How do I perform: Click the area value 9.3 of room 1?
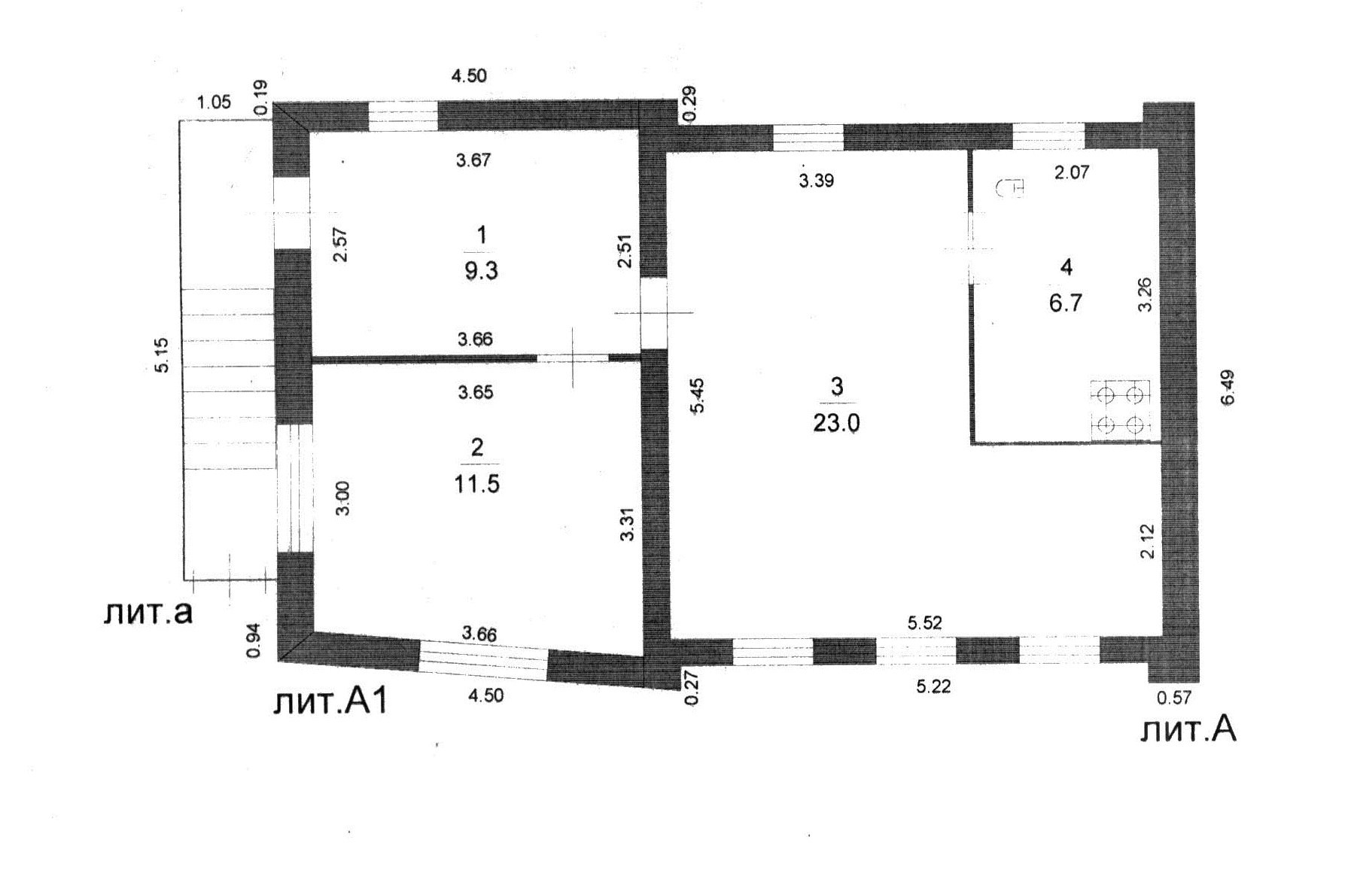pos(480,271)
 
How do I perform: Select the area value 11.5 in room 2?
pos(476,483)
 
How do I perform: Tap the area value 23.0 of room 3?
pos(835,424)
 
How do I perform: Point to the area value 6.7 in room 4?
pos(1065,303)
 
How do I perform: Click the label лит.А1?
pos(330,702)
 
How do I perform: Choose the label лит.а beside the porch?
pos(148,612)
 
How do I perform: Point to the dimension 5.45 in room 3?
pos(698,395)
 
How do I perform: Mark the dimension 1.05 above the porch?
pos(213,103)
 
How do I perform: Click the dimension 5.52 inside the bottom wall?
pos(924,623)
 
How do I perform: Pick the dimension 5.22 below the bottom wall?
pos(933,686)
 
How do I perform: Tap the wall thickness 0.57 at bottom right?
pos(1173,698)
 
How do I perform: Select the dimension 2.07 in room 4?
pos(1071,172)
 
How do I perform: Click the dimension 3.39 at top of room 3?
pos(816,181)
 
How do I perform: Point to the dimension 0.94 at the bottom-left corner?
pos(254,640)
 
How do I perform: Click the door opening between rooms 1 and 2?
pos(572,358)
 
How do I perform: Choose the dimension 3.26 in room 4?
pos(1144,295)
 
